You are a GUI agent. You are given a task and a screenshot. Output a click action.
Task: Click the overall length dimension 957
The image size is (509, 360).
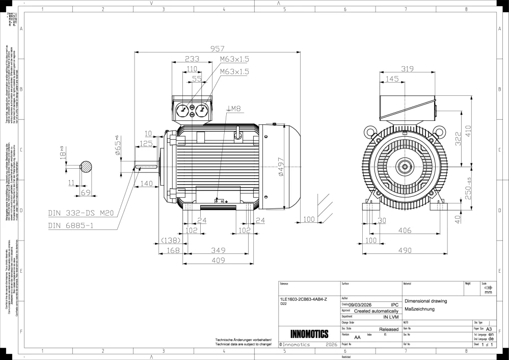pos(217,48)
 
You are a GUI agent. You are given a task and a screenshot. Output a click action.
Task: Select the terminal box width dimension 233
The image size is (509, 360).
pos(192,59)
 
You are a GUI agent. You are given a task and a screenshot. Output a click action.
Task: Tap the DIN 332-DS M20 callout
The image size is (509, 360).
pos(81,213)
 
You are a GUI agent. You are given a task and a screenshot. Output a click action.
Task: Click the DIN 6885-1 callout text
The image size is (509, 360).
pos(70,225)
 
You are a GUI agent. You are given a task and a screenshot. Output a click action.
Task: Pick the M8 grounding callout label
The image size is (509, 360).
pos(235,109)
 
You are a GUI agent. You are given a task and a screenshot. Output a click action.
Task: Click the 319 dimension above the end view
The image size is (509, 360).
pos(407,69)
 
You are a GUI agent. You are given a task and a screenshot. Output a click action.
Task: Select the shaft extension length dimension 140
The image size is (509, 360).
pos(146,184)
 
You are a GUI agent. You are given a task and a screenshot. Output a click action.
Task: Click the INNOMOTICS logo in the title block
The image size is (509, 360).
pos(309,335)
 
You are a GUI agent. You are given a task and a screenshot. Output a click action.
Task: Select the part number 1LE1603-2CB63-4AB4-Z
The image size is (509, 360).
pos(304,298)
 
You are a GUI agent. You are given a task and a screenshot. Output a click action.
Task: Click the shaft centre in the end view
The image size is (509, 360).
pos(406,166)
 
